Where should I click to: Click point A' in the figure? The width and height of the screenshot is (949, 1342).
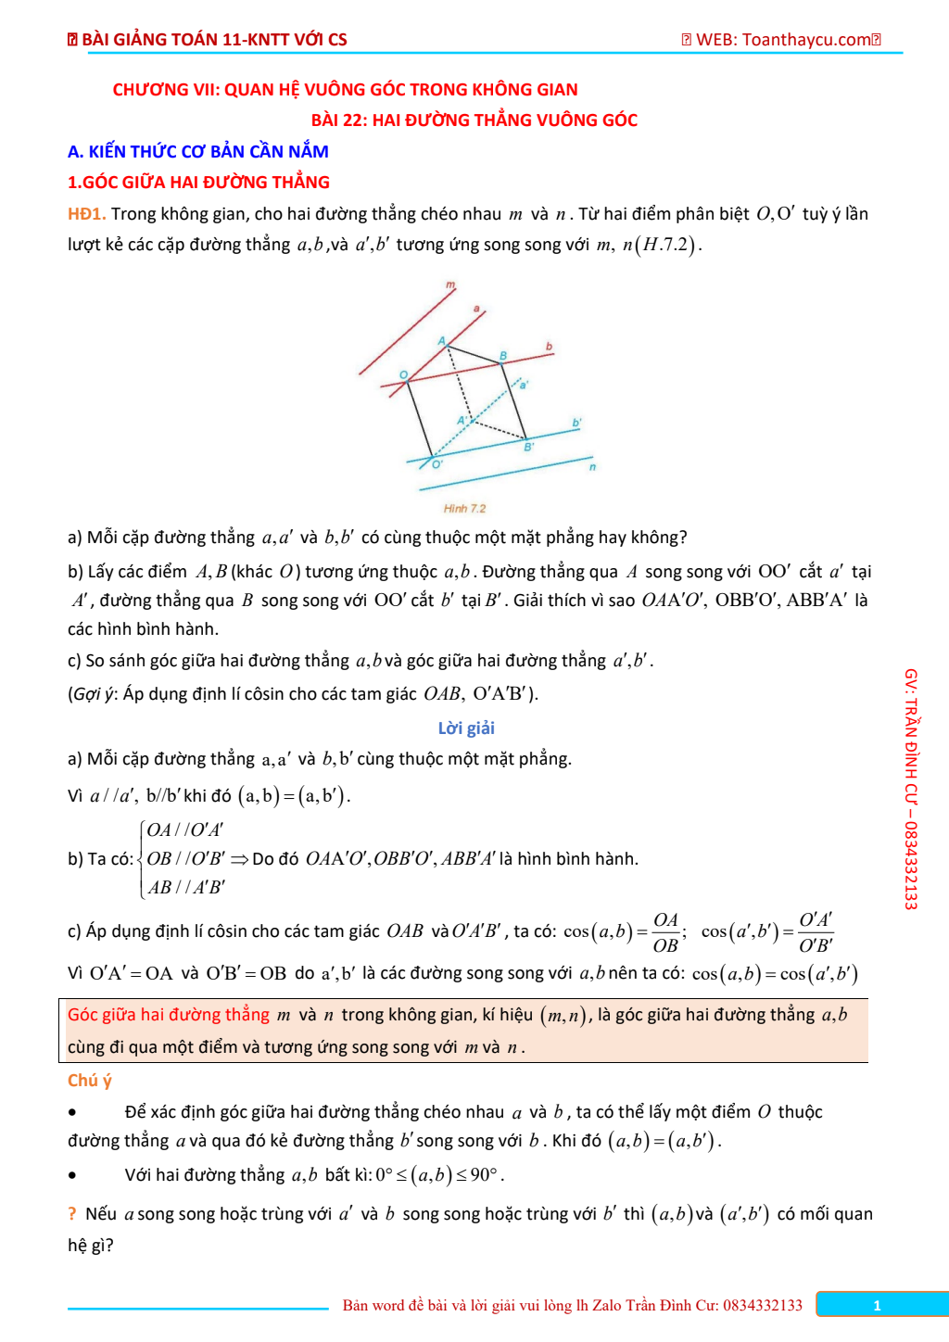point(473,422)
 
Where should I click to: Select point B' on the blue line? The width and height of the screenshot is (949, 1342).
point(525,438)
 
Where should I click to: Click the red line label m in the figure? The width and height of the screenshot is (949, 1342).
point(450,285)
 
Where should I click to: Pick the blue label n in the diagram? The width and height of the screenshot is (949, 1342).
point(592,467)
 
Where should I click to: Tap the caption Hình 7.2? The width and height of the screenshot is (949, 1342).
point(464,509)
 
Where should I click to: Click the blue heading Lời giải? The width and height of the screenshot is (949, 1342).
point(466,728)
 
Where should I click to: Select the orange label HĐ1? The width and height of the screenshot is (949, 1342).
point(86,214)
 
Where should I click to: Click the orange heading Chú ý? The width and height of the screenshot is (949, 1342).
point(89,1081)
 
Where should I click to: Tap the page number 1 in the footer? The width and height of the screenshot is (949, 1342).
point(877,1306)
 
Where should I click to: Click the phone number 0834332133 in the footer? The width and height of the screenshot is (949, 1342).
point(763,1306)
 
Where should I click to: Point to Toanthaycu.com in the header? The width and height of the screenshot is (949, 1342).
point(806,40)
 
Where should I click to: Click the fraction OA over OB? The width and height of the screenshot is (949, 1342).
point(665,932)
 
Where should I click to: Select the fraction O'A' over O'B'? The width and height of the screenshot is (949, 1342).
point(816,932)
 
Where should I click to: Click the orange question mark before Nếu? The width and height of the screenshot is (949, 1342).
point(72,1214)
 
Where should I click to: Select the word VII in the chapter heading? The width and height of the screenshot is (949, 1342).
point(201,90)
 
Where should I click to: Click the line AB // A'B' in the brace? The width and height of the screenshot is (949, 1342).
point(186,888)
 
